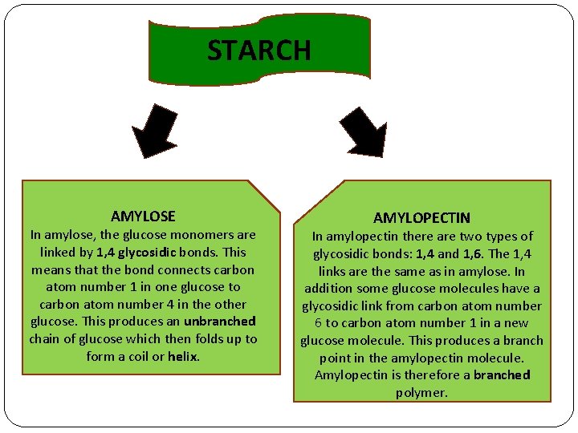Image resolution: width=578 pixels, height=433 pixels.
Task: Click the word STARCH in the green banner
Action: pos(258,51)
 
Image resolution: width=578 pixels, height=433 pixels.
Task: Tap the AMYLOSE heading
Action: pos(143,216)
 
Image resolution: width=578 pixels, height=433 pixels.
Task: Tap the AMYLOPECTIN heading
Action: pos(421,218)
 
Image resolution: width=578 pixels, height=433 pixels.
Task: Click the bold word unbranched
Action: pos(219,322)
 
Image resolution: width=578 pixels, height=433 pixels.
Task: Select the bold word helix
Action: pos(183,356)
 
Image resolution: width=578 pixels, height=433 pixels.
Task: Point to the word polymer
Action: pos(421,392)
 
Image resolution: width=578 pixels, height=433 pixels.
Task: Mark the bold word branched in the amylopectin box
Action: pos(502,374)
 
